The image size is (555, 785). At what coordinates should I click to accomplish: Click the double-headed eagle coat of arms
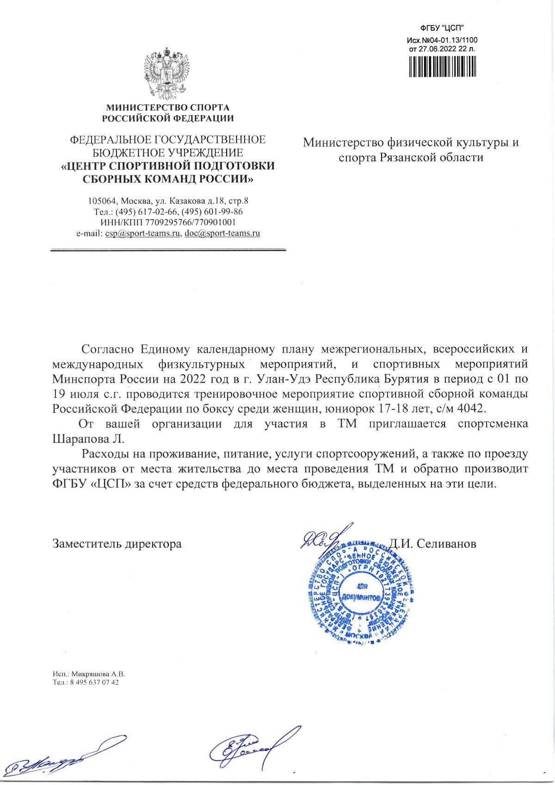point(167,73)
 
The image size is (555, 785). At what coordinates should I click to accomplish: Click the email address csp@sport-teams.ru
point(142,234)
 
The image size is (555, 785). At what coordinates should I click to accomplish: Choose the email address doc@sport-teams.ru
point(222,234)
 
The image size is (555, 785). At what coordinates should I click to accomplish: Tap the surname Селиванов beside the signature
point(447,544)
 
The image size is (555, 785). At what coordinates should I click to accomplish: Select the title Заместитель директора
point(117,544)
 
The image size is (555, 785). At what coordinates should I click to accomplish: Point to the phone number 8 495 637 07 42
point(92,682)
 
